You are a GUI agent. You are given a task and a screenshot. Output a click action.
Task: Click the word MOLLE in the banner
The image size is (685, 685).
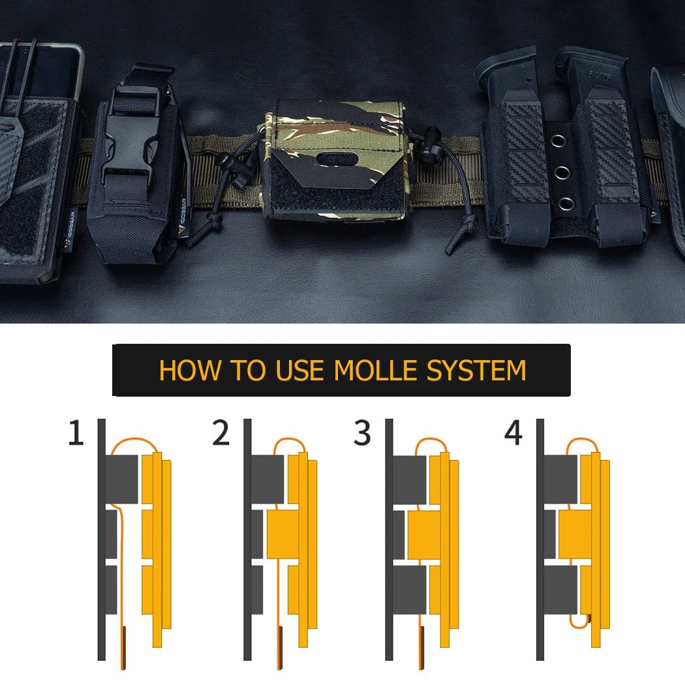pyautogui.click(x=375, y=371)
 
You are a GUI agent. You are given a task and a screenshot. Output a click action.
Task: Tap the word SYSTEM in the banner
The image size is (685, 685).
pyautogui.click(x=476, y=371)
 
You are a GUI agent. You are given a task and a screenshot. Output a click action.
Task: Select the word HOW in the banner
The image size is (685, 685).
pyautogui.click(x=190, y=371)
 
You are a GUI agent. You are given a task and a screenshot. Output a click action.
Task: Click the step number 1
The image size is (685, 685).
pyautogui.click(x=76, y=433)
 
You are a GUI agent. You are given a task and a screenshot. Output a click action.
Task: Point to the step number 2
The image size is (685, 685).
pyautogui.click(x=221, y=433)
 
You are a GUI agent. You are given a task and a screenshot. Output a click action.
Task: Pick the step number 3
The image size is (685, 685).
pyautogui.click(x=362, y=433)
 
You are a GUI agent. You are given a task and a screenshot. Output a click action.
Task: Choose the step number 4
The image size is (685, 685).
pyautogui.click(x=513, y=433)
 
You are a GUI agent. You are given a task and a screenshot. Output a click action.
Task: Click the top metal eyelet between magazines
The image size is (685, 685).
pyautogui.click(x=558, y=141)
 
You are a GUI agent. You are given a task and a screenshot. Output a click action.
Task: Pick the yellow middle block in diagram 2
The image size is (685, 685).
pyautogui.click(x=283, y=534)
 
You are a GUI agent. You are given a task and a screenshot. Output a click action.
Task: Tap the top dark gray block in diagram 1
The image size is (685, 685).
pyautogui.click(x=122, y=479)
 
